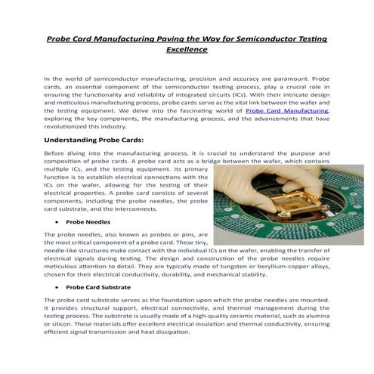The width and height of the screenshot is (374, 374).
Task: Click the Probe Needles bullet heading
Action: (88, 222)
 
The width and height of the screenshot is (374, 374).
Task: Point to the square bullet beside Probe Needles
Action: (57, 223)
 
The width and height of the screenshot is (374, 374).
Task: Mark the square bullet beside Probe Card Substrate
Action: (57, 289)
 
